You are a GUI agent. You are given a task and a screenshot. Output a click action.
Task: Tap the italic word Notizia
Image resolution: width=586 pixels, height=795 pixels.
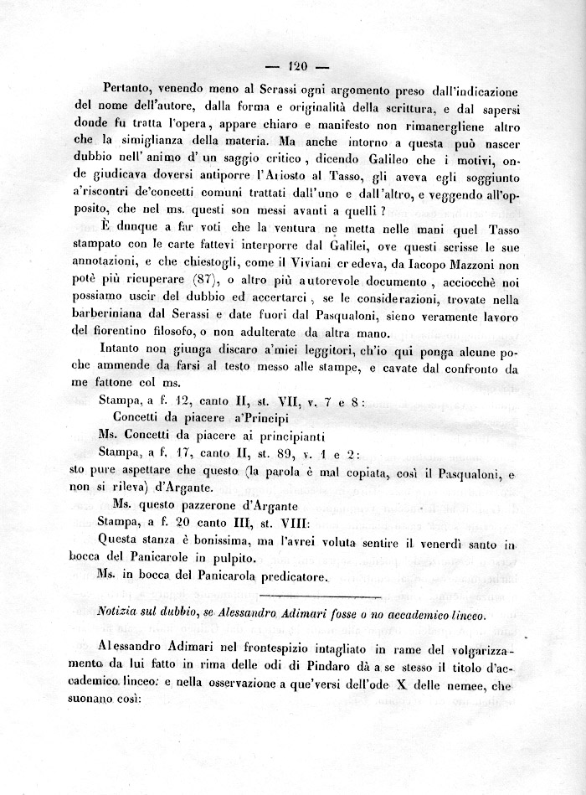(121, 615)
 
